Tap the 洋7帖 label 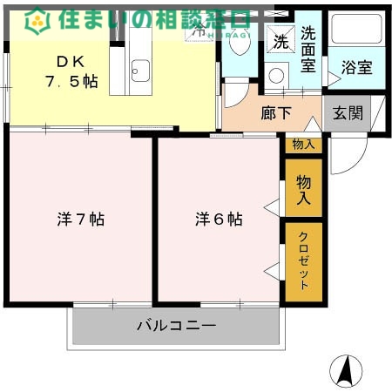coord(80,220)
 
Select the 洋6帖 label coord(218,220)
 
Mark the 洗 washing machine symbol coord(280,41)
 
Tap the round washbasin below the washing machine coord(276,76)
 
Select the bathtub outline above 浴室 coord(357,30)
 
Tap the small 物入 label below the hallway coord(303,145)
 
